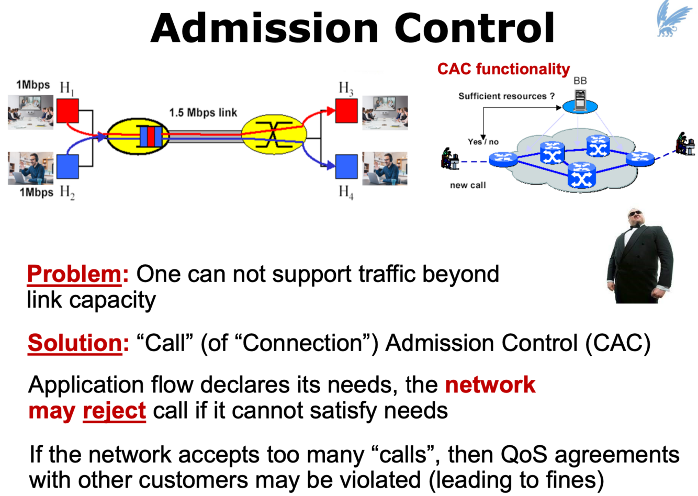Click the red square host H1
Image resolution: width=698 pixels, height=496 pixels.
[67, 111]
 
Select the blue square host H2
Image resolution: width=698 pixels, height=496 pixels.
[67, 166]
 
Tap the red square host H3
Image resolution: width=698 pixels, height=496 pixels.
[346, 111]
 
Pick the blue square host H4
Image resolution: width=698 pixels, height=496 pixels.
[346, 166]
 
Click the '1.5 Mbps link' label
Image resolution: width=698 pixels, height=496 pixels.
[203, 112]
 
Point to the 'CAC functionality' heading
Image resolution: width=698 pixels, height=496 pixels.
[503, 69]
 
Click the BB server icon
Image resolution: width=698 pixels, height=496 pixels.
[580, 101]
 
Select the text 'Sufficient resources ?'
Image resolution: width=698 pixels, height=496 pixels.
[506, 96]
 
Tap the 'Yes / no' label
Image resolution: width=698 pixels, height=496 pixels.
[483, 141]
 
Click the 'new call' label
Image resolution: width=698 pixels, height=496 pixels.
[468, 185]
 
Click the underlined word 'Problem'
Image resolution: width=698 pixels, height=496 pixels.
[74, 274]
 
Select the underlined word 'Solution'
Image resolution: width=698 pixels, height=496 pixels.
[75, 343]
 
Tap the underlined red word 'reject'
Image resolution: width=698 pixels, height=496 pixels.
[114, 411]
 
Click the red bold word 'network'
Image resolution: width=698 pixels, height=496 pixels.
[490, 385]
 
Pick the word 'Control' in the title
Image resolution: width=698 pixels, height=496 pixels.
[474, 28]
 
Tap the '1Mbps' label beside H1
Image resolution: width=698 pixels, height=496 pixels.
[33, 85]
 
